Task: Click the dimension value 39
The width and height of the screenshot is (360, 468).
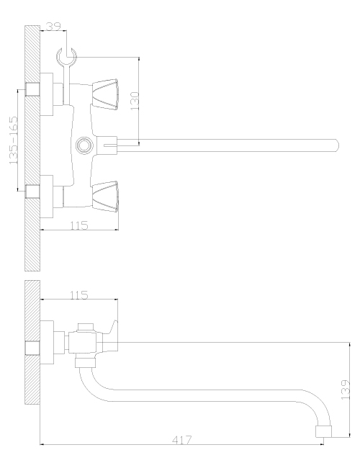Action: coord(54,26)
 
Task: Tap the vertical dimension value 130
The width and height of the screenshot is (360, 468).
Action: coord(135,101)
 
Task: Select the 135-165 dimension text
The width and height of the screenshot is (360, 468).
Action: coord(14,140)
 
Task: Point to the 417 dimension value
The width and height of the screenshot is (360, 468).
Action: coord(181,440)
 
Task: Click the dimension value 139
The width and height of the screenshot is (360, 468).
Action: coord(345,390)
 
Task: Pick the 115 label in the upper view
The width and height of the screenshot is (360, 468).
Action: coord(79,225)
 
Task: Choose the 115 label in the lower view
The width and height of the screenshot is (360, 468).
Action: coord(79,295)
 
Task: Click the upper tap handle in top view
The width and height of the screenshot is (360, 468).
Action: coord(105,94)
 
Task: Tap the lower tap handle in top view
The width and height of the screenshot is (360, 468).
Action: coord(105,197)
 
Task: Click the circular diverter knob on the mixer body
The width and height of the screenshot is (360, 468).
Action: coord(84,145)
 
